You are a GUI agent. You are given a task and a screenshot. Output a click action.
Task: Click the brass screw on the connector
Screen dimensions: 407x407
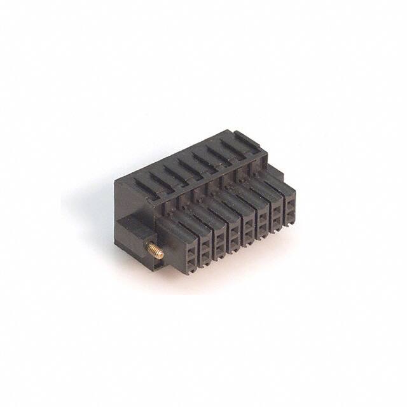point(155,251)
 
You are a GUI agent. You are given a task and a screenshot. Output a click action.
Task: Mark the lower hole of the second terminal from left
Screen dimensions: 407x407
point(205,252)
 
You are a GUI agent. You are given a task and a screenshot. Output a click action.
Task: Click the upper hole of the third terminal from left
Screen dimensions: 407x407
point(220,235)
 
